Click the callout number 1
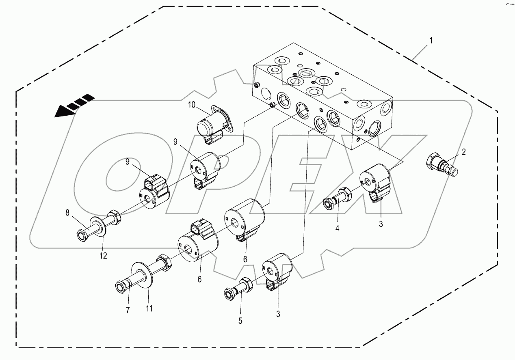click(431, 41)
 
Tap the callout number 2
click(463, 153)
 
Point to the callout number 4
click(337, 229)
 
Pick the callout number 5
click(240, 321)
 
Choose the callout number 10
click(192, 106)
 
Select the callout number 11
click(149, 308)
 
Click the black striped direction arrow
click(74, 105)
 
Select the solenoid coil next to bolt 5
click(277, 270)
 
